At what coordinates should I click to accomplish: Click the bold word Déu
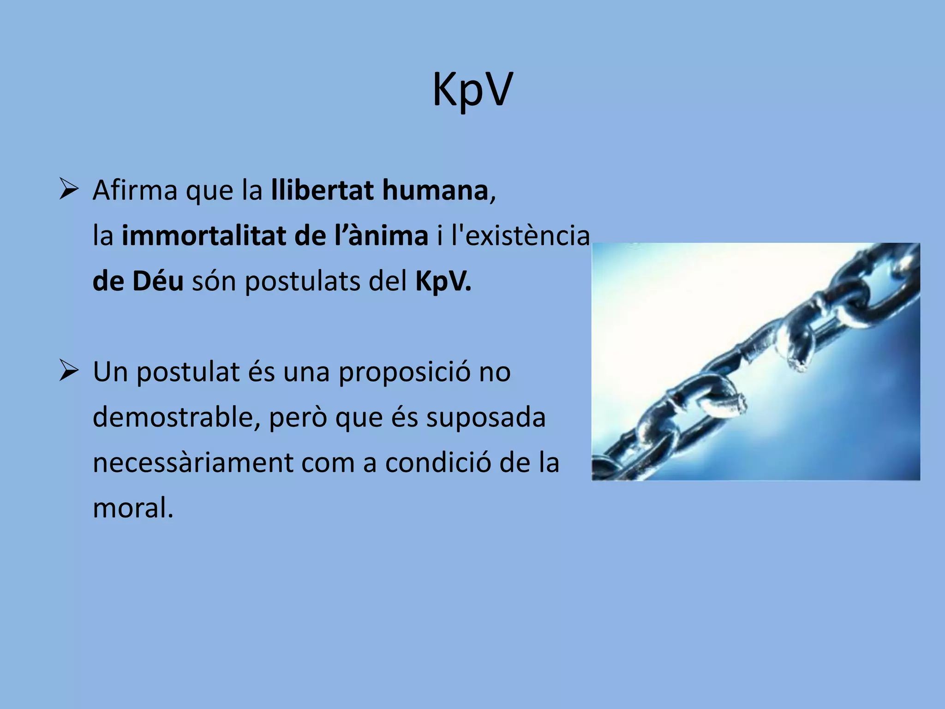click(x=158, y=281)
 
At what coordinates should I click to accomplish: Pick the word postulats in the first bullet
click(x=302, y=281)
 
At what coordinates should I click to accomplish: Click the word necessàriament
click(x=193, y=463)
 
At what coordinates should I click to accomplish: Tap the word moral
click(x=132, y=508)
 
